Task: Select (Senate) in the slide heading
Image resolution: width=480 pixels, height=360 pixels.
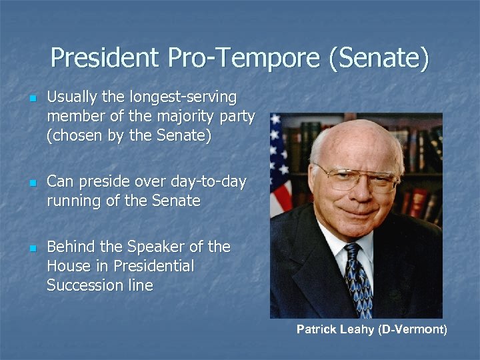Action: point(378,59)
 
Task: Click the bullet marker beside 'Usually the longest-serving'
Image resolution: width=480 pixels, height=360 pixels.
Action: point(31,99)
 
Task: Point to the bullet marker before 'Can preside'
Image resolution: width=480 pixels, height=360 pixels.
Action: point(31,183)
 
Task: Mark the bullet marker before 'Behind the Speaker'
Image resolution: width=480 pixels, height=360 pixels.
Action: point(31,248)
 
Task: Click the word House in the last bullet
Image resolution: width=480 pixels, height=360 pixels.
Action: point(67,267)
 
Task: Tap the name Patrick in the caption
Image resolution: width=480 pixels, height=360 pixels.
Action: point(316,329)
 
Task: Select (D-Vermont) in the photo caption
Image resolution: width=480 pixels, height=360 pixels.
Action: point(413,329)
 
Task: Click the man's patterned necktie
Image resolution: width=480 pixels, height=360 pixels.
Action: point(357,280)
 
